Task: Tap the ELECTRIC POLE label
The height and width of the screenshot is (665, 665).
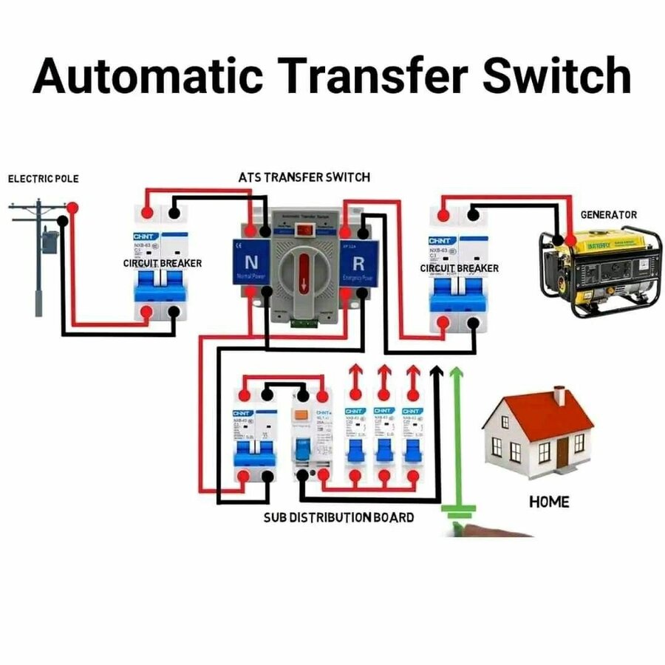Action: (43, 179)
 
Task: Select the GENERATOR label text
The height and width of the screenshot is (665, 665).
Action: (608, 215)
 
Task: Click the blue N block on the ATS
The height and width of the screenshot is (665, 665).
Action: (250, 262)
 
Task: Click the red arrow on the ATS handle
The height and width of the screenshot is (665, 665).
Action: (304, 283)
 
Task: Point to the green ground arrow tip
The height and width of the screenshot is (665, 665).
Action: (457, 369)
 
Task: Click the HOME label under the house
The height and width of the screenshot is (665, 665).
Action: (549, 502)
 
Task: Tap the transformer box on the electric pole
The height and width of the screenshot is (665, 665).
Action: (50, 242)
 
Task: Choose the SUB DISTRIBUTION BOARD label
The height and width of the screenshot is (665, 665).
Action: (338, 517)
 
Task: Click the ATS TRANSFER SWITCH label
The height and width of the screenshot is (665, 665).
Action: (304, 178)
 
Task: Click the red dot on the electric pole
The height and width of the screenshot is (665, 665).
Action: (72, 210)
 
